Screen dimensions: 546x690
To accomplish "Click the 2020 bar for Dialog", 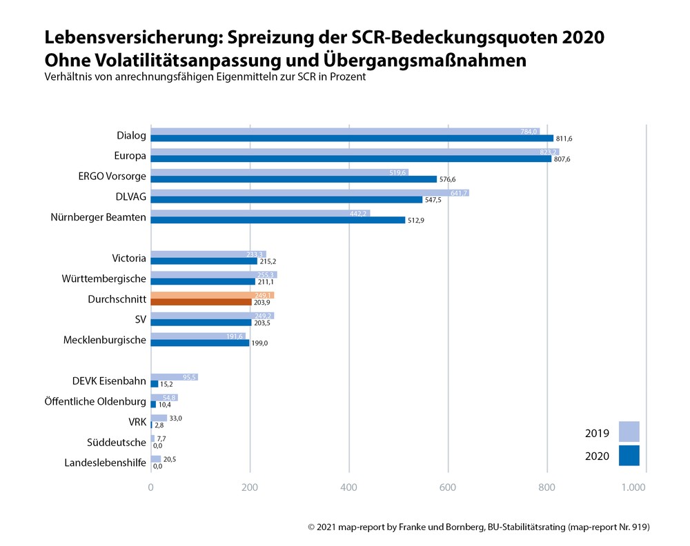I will (x=352, y=139).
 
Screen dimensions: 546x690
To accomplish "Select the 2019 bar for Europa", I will (x=355, y=152).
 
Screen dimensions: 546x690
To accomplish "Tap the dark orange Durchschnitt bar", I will (x=201, y=302).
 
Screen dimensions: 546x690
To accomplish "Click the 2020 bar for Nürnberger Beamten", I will (x=277, y=220).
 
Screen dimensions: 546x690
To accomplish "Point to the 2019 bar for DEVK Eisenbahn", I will (x=174, y=377).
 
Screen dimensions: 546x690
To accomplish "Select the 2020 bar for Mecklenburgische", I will (x=199, y=343).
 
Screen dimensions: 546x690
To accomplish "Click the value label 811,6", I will (x=564, y=139).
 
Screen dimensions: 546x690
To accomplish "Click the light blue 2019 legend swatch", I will (x=629, y=432).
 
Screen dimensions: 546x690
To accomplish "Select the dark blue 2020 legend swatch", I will (x=629, y=456).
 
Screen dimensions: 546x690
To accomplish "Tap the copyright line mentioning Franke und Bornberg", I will (x=479, y=527).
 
